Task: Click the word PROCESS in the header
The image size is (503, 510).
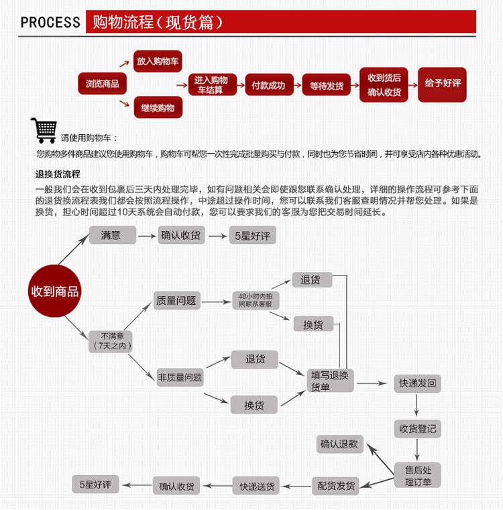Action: pos(50,22)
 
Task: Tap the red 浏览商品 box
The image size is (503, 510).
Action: pos(102,84)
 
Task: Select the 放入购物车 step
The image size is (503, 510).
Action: pos(158,61)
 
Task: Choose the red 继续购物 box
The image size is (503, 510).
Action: pos(158,107)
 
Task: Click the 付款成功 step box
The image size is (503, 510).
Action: pos(268,85)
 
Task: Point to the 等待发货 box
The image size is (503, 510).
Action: pos(327,86)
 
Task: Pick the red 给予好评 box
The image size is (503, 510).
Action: pos(442,84)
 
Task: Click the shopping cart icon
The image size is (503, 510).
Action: pos(44,130)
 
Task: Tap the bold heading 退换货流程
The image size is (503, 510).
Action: pos(58,175)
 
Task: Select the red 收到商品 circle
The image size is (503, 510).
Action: pos(55,292)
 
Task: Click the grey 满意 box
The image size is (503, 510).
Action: pos(112,235)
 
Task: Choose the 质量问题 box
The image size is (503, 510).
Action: pos(177,301)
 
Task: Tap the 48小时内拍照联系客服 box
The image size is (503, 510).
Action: pos(256,300)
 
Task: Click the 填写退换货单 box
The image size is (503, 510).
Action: pos(330,381)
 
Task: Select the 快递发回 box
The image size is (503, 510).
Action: pos(418,383)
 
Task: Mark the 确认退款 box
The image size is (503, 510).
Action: pos(339,444)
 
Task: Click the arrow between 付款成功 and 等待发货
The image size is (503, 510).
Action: pos(297,86)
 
